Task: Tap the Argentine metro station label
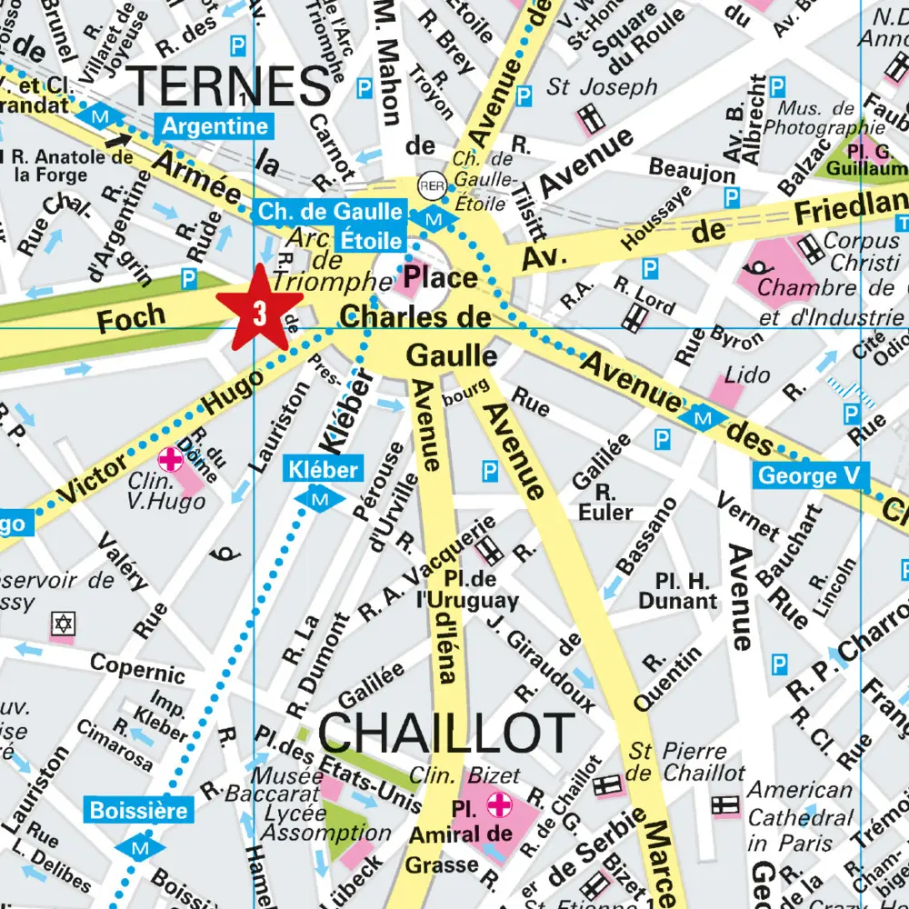(215, 126)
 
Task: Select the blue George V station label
(811, 474)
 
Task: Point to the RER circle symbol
(432, 185)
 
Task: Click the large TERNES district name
(231, 86)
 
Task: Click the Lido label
(747, 375)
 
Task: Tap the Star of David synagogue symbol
(63, 624)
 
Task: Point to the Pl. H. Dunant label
(677, 591)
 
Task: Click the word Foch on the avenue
(131, 318)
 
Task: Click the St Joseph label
(602, 87)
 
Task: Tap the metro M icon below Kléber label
(320, 498)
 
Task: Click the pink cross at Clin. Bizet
(498, 804)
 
